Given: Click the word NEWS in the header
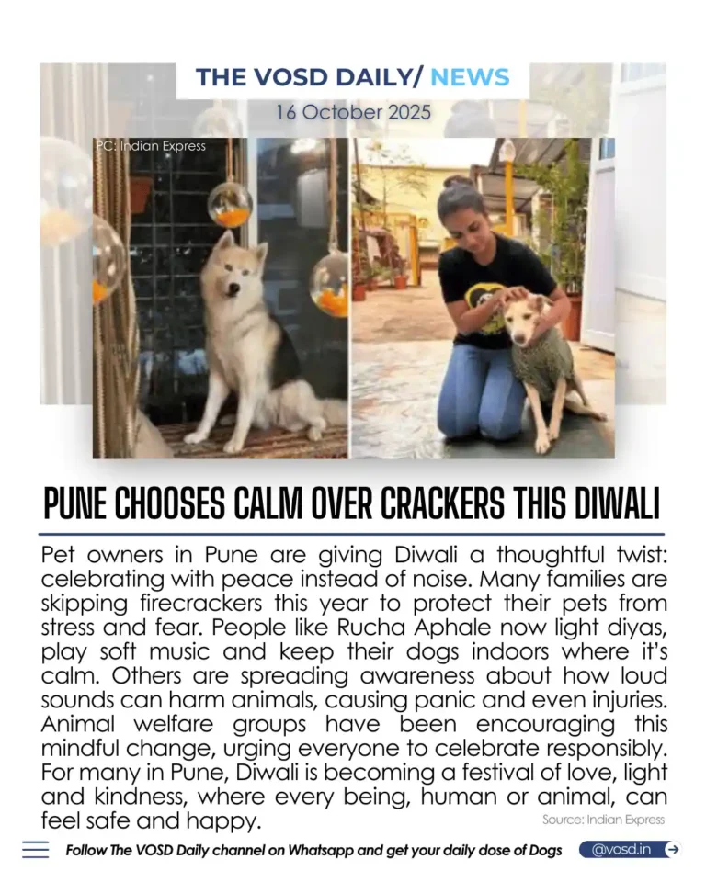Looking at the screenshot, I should (x=470, y=77).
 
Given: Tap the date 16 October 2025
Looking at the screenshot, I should (x=352, y=112).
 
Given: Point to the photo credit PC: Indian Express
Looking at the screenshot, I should (x=151, y=145).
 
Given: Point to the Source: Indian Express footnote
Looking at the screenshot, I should (x=602, y=820).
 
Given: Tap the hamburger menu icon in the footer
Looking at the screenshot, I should (x=36, y=850).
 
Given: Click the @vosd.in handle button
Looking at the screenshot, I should (x=621, y=850).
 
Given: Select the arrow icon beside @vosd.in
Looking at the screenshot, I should (x=672, y=850).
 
